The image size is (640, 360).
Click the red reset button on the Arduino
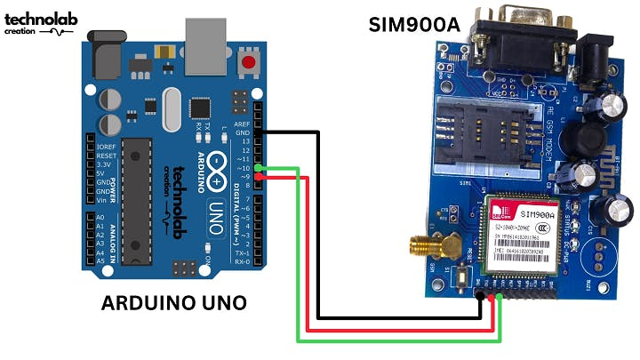(249, 64)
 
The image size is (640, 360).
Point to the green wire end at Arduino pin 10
(258, 167)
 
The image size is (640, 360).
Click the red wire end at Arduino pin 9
(258, 177)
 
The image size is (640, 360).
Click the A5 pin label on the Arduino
(100, 262)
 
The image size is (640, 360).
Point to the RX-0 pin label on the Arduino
(241, 262)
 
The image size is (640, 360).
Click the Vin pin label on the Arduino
(104, 201)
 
